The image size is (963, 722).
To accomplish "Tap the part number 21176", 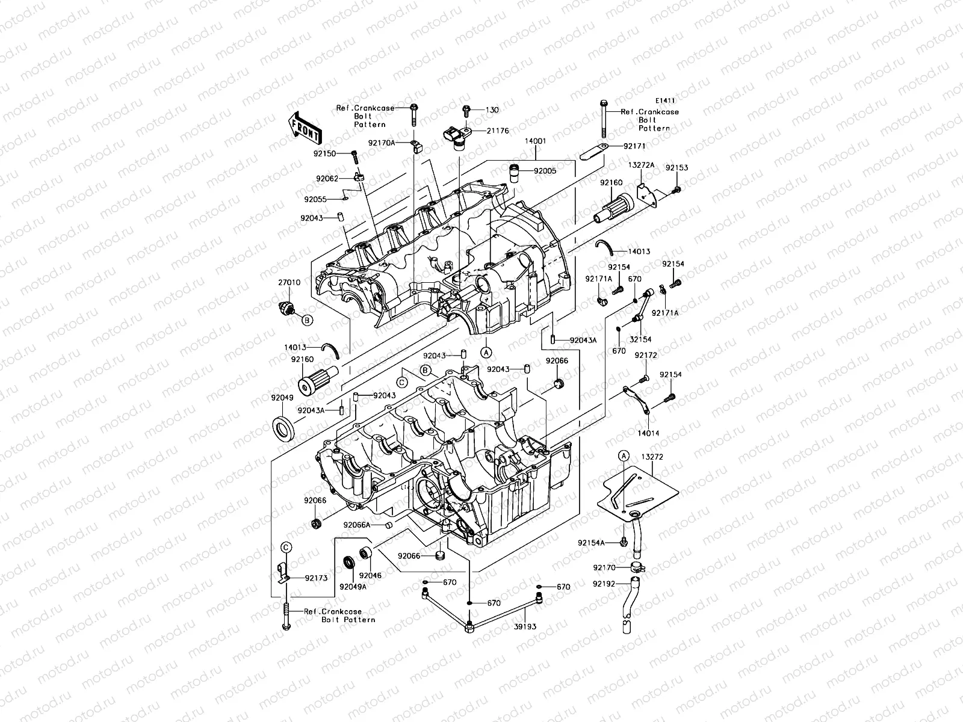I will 497,130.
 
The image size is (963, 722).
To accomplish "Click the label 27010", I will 289,282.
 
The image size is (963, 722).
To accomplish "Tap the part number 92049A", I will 353,586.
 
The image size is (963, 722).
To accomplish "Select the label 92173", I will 316,578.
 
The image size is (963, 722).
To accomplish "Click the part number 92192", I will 604,583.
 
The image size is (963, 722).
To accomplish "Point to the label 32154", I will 641,340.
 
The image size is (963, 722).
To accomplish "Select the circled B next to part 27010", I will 306,321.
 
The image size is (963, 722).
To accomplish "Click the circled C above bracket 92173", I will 287,546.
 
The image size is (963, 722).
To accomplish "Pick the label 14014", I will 648,433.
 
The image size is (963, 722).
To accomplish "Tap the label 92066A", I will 356,525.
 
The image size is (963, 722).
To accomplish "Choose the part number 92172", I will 646,356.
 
